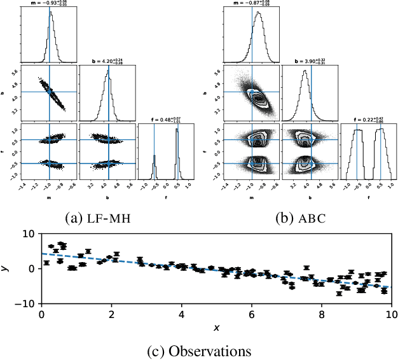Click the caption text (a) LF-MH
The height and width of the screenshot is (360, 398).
(100, 218)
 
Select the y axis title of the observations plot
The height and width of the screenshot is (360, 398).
(7, 268)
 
